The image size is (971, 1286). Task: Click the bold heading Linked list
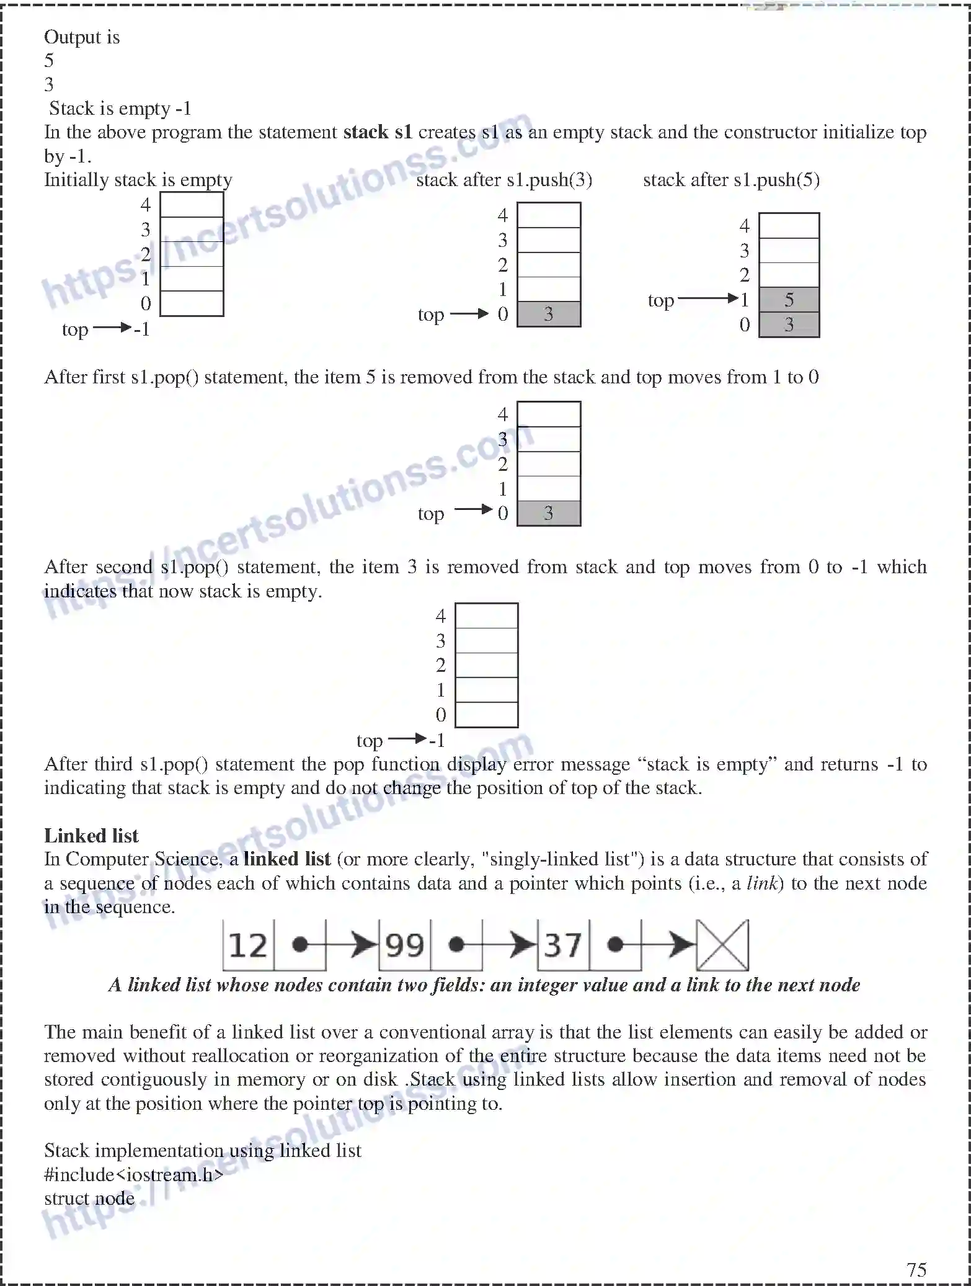coord(91,836)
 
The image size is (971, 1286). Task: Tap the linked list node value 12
coord(248,945)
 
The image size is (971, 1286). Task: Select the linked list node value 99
coord(404,945)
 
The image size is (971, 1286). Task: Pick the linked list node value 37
coord(563,945)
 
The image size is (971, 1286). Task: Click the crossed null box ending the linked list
coord(722,945)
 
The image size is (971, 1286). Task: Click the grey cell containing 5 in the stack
coord(789,300)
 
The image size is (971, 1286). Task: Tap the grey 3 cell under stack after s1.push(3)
coord(549,314)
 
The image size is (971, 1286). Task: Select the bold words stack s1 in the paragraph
coord(378,132)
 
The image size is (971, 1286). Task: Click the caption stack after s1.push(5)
coord(731,180)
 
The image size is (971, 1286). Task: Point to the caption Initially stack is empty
coord(138,180)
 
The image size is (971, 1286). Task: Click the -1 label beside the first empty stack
coord(142,329)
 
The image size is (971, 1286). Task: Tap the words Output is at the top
coord(82,37)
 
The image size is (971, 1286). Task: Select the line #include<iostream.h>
coord(133,1174)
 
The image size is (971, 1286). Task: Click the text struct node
coord(89,1198)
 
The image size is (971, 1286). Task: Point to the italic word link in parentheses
coord(761,883)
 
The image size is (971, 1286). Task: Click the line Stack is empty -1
coord(120,109)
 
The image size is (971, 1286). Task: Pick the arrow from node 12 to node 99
coord(350,945)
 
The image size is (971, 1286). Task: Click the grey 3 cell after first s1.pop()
coord(549,513)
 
